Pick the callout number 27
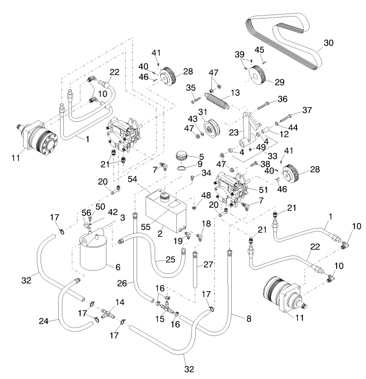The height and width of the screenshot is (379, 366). tap(208, 264)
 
